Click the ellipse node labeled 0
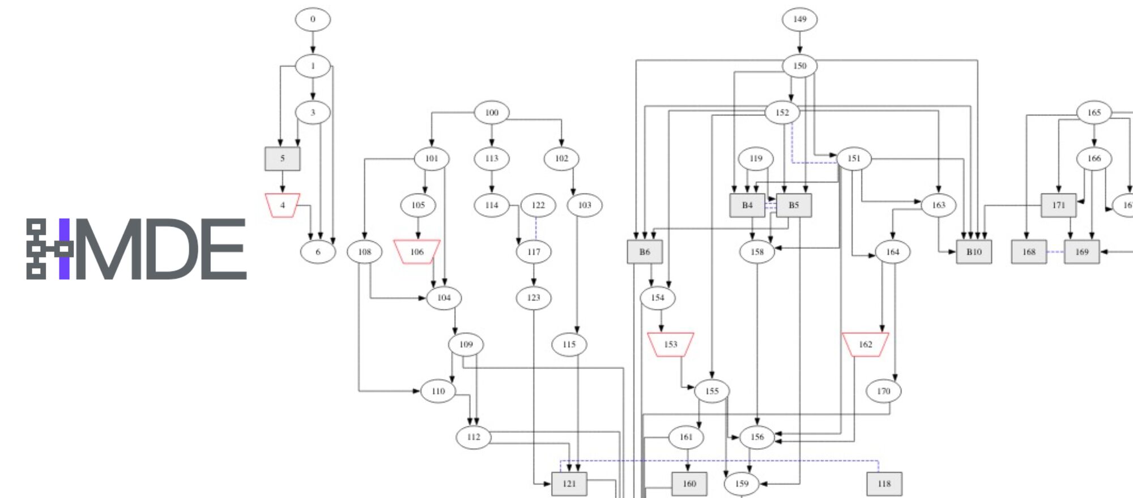click(313, 20)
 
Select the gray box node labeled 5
click(283, 159)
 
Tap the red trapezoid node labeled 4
click(283, 205)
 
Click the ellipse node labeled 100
click(492, 113)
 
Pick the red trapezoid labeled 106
click(417, 252)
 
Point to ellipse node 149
click(799, 20)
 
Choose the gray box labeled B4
click(747, 205)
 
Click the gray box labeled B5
click(794, 205)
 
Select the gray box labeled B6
click(645, 252)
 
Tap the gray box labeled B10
click(974, 252)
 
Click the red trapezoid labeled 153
click(671, 344)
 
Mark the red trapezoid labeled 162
click(866, 344)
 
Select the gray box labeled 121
click(569, 484)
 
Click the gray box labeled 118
click(884, 484)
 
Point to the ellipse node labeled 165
click(1094, 113)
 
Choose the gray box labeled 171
click(1059, 205)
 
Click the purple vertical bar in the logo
click(65, 249)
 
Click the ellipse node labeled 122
click(538, 205)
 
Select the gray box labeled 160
click(689, 484)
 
